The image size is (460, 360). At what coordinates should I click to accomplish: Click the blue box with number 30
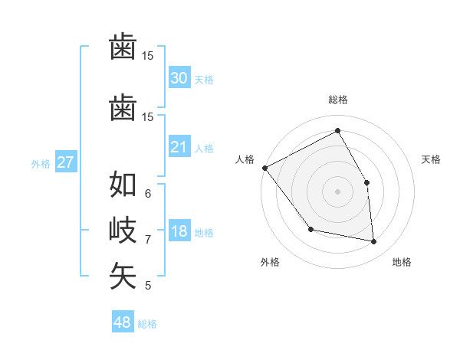pos(179,77)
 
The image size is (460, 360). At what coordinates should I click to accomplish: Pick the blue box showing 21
pos(179,147)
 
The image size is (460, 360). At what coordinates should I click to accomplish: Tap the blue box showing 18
pos(179,232)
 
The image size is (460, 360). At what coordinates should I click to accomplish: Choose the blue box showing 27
pos(65,162)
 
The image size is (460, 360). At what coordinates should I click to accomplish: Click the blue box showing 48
pos(123,322)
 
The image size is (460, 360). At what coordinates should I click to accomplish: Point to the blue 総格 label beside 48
pos(147,324)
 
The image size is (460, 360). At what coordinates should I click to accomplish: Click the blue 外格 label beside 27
pos(41,163)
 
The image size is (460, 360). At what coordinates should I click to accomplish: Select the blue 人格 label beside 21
pos(204,148)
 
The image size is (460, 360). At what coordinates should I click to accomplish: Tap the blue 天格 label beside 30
pos(204,79)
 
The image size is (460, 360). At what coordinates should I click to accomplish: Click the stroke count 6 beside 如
pos(147,193)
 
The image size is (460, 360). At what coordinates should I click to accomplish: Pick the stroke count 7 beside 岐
pos(147,240)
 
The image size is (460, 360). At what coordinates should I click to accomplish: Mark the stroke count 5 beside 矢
pos(147,286)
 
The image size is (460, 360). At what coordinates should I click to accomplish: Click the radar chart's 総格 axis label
pos(337,100)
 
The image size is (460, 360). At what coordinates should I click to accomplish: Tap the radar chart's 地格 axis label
pos(402,262)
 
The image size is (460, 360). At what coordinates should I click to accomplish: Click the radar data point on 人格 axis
pos(264,168)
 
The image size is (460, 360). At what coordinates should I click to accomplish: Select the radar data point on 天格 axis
pos(366,182)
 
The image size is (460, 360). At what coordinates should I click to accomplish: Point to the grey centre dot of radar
pos(337,191)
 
